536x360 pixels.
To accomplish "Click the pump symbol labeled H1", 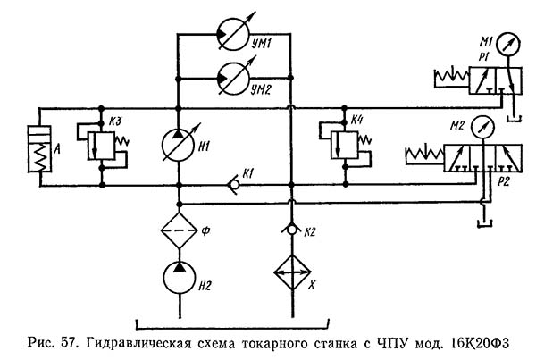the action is (178, 145).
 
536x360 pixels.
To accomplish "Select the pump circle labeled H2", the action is (180, 277).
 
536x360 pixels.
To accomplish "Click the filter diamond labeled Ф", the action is (180, 230).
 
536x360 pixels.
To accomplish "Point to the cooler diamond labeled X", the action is (292, 272).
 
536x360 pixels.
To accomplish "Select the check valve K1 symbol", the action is (234, 185).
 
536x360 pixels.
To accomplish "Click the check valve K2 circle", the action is (291, 230).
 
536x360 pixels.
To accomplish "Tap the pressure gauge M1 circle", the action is (508, 44).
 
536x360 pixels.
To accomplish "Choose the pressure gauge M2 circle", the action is (482, 127).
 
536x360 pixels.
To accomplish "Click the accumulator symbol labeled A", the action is (39, 148).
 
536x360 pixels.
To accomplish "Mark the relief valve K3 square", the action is (101, 146).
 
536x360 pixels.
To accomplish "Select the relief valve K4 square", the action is (345, 145).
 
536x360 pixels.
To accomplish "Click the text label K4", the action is (356, 121).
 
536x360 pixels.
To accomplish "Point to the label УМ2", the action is (261, 90).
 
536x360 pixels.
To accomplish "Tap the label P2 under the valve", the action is (503, 181).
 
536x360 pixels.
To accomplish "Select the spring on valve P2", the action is (424, 155).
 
